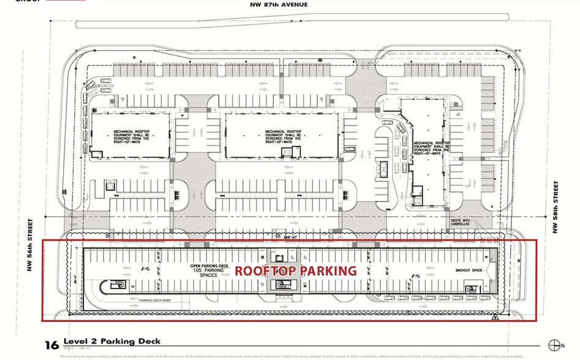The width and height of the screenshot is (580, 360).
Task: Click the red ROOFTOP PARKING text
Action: (296, 271)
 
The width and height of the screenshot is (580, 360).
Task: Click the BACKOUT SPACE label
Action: (469, 269)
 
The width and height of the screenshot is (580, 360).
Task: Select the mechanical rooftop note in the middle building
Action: (282, 135)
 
